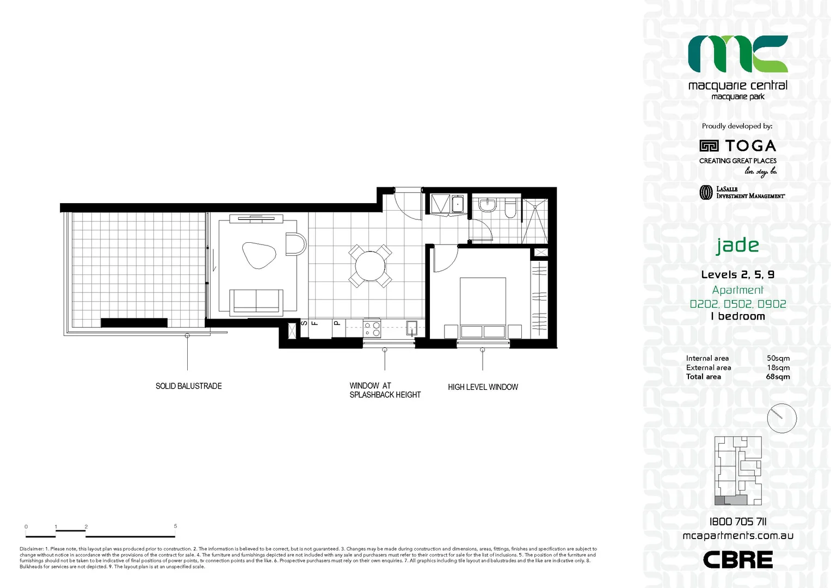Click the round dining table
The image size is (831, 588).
pos(370,266)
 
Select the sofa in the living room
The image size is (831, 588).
pos(256,302)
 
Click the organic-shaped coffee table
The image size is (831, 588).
pos(258,255)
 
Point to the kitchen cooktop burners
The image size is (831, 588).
pos(372,329)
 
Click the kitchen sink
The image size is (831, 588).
pos(411,328)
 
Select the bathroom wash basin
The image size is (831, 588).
pos(488,205)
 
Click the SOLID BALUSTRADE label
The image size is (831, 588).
pos(188,386)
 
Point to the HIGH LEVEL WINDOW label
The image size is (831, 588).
pos(483,387)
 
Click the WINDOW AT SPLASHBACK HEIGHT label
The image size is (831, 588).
pos(385,390)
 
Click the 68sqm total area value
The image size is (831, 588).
pos(778,377)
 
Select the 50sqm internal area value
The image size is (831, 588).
pos(778,358)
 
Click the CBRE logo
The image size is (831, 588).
pos(737,560)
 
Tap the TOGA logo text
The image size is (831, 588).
pos(750,146)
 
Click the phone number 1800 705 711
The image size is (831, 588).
pos(737,522)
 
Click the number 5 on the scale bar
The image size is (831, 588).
pos(175,526)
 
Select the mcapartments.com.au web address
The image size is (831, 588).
pos(738,536)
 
